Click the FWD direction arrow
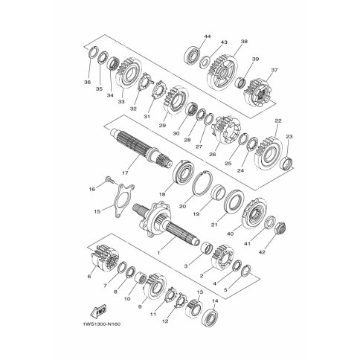click(x=98, y=311)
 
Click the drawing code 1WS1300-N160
click(x=102, y=324)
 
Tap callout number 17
click(x=125, y=173)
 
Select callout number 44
click(x=208, y=36)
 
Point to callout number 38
click(x=244, y=42)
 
